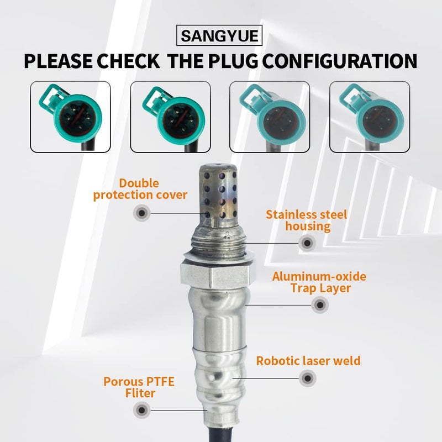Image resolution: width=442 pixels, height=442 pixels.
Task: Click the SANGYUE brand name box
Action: [x=220, y=36]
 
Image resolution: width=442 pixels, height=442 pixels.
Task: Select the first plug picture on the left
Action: [x=70, y=117]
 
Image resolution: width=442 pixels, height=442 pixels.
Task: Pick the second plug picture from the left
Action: [x=170, y=117]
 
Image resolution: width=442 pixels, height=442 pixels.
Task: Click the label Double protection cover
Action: [x=140, y=188]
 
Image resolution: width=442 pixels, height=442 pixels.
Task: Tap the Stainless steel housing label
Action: [x=306, y=220]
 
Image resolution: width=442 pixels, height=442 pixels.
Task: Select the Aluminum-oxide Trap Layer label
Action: [x=319, y=282]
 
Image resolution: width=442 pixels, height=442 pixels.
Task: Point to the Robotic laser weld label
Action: [x=308, y=361]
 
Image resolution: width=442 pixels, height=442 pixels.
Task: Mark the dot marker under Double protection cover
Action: [x=142, y=212]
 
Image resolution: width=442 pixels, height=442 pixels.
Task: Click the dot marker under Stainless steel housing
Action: [x=306, y=242]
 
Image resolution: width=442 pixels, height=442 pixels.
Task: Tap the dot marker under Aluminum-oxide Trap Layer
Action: [x=319, y=304]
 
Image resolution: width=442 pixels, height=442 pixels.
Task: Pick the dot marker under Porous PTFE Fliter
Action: [x=142, y=409]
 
